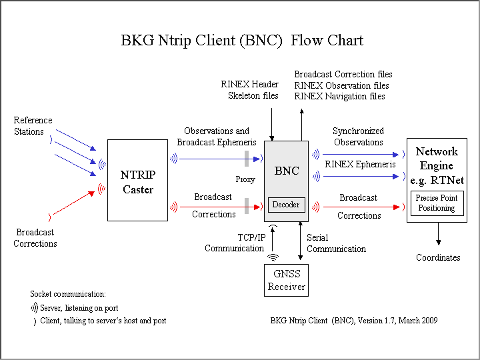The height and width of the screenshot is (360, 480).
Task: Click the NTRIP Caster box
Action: point(137,180)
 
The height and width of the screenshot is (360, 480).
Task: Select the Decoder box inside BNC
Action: point(287,205)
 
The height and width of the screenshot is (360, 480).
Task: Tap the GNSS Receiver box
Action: point(287,280)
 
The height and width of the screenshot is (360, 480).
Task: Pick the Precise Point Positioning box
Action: point(436,203)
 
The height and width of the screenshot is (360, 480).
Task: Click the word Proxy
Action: point(245,179)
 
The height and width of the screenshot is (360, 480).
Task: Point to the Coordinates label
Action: point(438,257)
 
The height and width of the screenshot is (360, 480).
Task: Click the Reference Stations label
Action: point(33,126)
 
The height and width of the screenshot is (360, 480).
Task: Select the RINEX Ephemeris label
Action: point(360,164)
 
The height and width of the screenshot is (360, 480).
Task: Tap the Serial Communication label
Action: point(336,243)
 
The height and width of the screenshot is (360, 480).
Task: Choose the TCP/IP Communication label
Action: point(234,243)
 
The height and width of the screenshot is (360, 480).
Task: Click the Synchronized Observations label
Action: point(358,137)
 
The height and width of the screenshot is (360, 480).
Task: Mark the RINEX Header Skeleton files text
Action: point(250,90)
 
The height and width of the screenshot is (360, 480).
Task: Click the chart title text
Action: point(242,40)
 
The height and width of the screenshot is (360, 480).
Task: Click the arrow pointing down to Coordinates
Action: point(438,233)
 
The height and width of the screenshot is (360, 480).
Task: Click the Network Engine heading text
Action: point(437,165)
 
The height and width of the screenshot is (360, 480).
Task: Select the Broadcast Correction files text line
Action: point(343,75)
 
